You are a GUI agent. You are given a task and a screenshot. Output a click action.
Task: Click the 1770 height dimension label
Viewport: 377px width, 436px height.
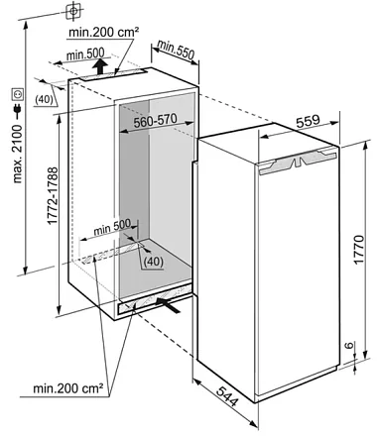coord(359,249)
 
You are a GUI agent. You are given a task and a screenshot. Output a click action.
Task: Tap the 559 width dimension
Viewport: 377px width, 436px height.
coord(308,121)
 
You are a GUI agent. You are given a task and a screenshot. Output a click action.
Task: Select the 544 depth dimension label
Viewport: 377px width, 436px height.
coord(227,396)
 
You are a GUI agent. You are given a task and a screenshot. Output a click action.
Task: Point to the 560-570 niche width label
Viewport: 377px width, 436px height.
coord(156,121)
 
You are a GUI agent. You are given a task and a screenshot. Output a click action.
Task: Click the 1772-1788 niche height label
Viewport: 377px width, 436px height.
coord(53,196)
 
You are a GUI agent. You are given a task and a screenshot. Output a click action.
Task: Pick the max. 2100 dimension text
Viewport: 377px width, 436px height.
coord(17,154)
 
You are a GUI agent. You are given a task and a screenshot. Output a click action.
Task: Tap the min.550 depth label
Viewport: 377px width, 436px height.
coord(176,51)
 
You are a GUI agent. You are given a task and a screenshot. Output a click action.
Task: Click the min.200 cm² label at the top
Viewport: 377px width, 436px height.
coord(103,32)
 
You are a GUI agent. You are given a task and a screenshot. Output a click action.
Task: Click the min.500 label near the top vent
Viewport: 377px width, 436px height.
coord(85,54)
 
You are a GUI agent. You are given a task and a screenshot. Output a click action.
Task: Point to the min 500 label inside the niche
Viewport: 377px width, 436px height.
coord(112,227)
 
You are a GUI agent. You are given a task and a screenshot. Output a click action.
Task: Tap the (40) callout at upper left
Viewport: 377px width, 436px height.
coord(45,99)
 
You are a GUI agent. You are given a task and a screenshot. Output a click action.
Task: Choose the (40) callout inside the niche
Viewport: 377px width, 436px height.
coord(154,262)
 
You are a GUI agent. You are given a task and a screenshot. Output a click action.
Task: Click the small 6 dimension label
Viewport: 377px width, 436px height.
coord(348,346)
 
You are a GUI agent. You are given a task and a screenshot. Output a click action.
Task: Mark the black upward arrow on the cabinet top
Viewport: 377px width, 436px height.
coord(100,66)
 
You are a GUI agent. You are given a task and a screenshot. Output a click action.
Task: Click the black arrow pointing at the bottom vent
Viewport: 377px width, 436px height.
coord(169,304)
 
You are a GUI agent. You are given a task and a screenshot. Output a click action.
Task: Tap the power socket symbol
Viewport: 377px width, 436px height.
coord(18,94)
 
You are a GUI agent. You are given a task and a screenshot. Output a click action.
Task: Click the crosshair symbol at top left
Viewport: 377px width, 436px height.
coord(73,11)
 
